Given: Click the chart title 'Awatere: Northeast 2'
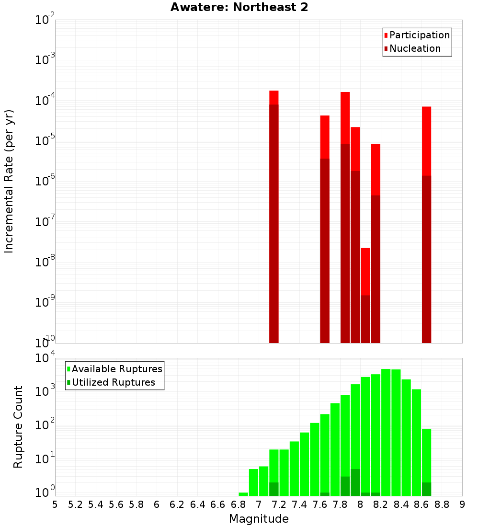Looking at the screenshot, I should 239,8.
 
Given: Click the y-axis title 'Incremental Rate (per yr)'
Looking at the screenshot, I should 9,182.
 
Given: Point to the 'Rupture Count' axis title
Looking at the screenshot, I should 18,427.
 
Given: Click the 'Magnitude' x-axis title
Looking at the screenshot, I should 259,519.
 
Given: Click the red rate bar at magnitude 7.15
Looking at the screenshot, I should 274,216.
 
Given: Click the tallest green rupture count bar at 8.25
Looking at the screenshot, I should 386,431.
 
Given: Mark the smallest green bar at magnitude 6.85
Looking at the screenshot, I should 243,494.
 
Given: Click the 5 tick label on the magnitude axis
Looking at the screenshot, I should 55,504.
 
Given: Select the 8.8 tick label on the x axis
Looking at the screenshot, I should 442,504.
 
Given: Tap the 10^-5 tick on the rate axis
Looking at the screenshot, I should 44,141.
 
